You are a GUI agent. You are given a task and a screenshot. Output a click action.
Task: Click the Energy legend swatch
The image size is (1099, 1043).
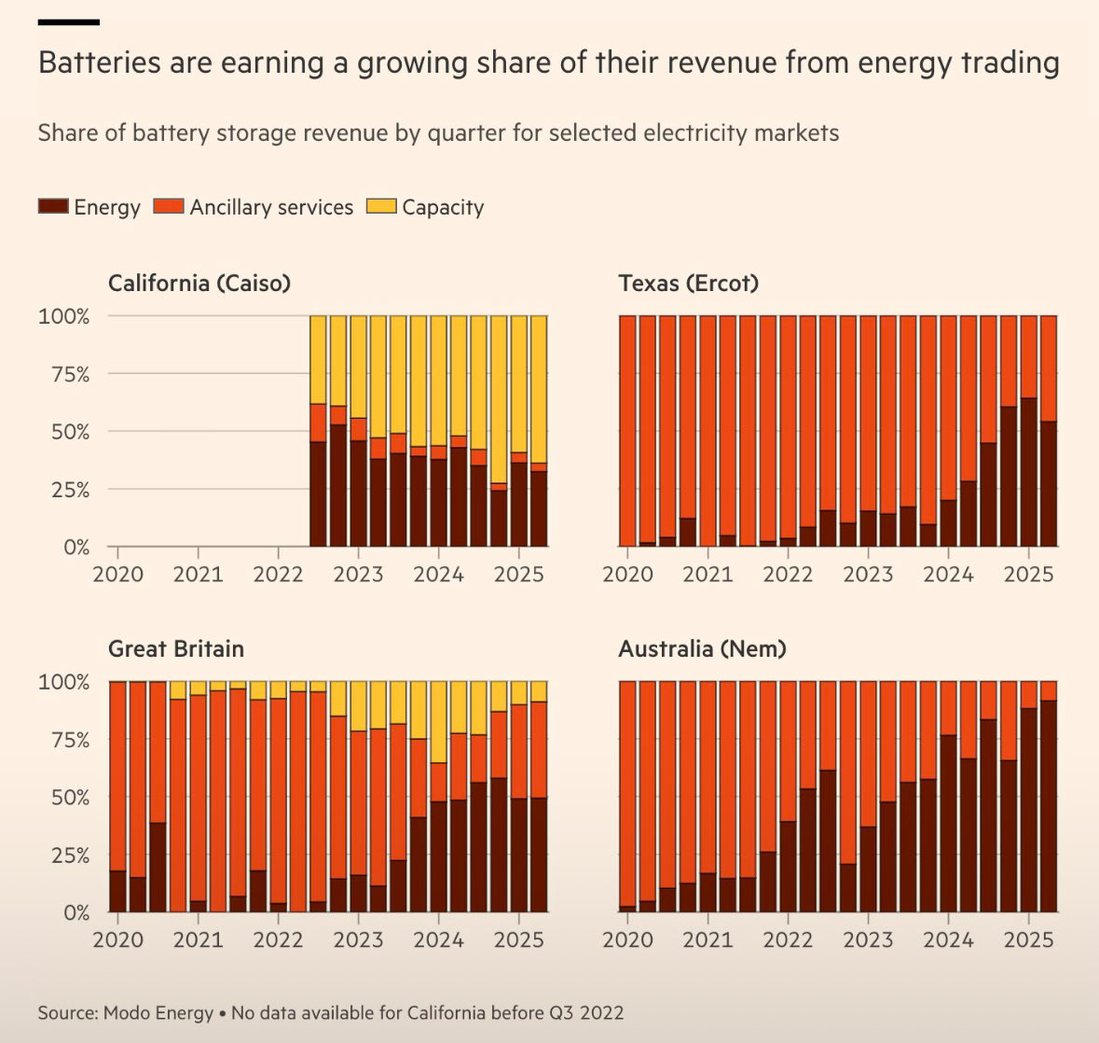(53, 207)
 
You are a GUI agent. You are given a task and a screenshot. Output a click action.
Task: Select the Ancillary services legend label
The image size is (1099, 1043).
(271, 207)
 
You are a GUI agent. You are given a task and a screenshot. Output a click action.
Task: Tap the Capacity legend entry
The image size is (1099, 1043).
(443, 207)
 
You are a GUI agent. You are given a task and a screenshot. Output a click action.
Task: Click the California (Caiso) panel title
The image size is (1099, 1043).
(199, 283)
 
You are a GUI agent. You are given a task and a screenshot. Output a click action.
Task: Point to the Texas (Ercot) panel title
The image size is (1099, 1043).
(688, 283)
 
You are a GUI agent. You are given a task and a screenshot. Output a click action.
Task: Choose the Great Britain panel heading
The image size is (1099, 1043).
(176, 648)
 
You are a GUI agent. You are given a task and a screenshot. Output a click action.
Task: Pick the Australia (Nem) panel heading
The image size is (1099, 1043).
(702, 648)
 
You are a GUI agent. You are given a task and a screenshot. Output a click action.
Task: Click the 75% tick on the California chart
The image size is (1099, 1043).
(64, 374)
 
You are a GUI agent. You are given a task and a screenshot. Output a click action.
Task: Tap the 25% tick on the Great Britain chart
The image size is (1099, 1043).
(64, 855)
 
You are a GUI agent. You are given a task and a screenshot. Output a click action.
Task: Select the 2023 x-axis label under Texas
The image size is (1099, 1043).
(868, 574)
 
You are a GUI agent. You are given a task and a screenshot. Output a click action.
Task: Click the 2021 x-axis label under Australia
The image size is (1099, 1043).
(707, 939)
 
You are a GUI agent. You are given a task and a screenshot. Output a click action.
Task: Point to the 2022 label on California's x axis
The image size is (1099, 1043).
(278, 574)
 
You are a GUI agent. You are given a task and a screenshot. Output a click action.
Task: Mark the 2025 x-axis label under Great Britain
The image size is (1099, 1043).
(518, 939)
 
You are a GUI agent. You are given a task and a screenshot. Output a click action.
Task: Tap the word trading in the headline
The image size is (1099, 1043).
(1014, 63)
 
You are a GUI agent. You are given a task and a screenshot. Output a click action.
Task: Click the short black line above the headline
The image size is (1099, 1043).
(69, 21)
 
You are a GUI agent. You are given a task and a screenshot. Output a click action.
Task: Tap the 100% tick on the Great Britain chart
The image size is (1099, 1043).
(64, 682)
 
